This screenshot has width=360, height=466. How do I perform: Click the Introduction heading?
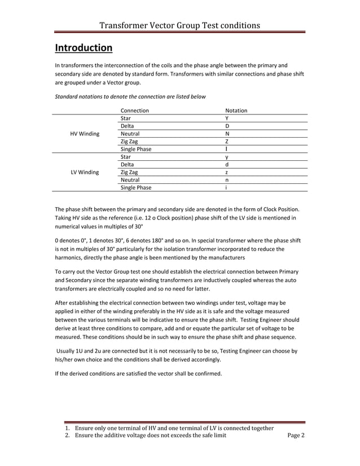click(84, 47)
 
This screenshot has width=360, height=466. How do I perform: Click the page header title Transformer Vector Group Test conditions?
click(179, 25)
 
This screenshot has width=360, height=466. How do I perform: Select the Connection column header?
click(134, 111)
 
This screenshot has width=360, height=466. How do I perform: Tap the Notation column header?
click(236, 111)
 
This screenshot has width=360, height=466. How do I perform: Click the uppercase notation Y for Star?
click(227, 118)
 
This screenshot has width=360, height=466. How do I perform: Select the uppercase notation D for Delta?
click(227, 126)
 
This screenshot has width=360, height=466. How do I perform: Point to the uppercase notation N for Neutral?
click(227, 134)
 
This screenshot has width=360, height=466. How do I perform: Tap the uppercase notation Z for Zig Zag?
click(227, 142)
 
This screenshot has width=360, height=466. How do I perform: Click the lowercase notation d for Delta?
click(227, 164)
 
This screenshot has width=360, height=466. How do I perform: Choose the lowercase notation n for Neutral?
click(227, 180)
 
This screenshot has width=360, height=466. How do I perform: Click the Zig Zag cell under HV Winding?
click(129, 142)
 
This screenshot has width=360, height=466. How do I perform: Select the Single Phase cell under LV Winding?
click(136, 188)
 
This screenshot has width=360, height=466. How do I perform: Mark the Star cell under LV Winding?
click(126, 157)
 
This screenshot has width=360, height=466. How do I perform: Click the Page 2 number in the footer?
click(296, 436)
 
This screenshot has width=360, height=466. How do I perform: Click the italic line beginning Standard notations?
click(130, 96)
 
